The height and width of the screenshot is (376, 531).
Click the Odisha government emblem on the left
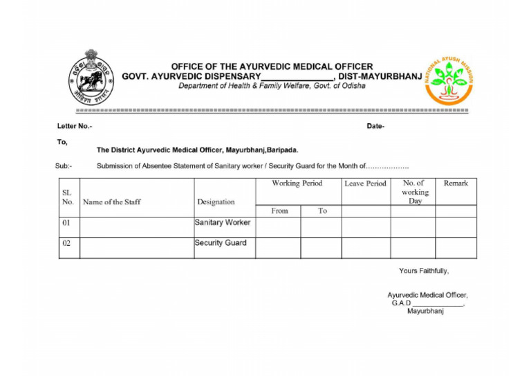point(91,78)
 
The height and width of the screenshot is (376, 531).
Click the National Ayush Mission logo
point(449,79)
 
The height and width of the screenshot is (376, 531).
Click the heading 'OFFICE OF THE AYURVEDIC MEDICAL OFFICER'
point(272,66)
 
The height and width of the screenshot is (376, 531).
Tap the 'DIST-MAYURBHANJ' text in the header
point(380,76)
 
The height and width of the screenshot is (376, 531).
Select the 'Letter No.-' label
point(74,126)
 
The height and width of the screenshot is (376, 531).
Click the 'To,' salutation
point(62,141)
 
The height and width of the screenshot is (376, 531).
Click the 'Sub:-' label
point(64,166)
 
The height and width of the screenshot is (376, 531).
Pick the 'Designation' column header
point(216,202)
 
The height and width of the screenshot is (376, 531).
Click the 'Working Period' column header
point(297,183)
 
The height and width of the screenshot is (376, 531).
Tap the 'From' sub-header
point(279,211)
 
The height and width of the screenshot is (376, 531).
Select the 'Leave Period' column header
point(365,183)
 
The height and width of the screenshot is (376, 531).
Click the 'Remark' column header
point(456,183)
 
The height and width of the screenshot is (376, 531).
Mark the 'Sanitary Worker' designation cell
point(223,223)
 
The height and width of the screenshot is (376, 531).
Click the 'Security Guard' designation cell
point(221,243)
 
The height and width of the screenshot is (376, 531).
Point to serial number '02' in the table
point(67,244)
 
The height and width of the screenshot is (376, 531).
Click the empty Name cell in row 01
point(136,227)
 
